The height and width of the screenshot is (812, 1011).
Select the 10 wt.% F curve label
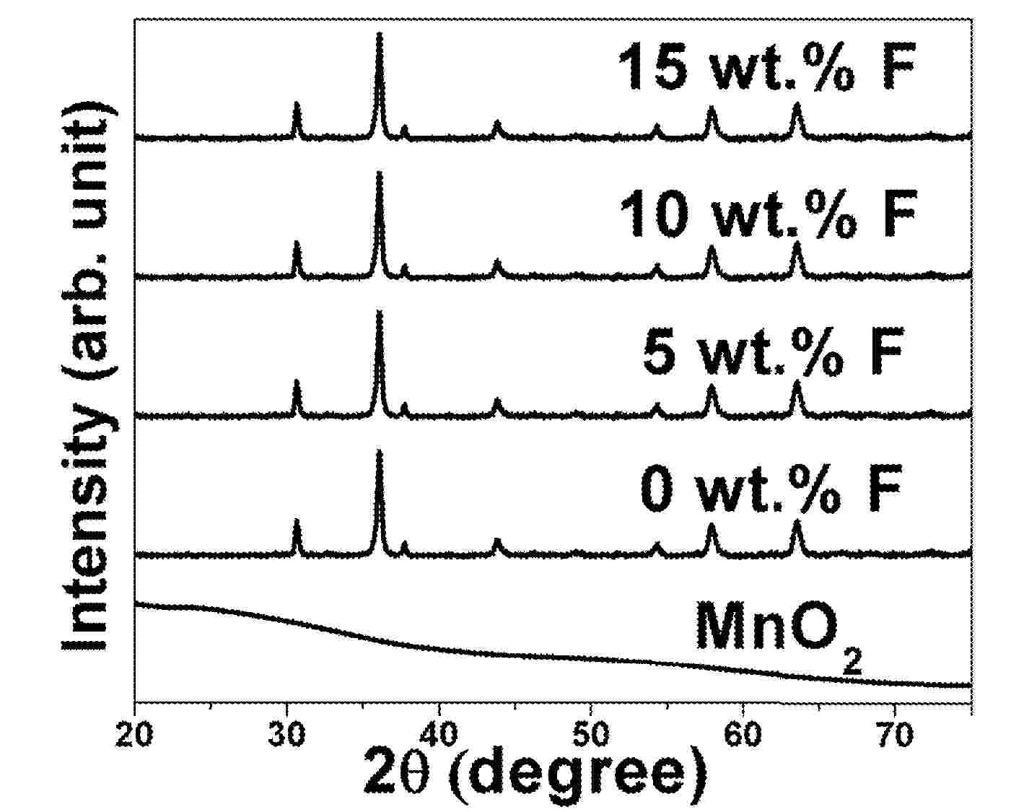coord(767,214)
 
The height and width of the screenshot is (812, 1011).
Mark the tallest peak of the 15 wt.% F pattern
coord(380,35)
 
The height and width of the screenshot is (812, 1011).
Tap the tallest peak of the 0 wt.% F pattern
coord(380,452)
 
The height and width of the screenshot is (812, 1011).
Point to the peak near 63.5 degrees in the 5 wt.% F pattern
coord(797,383)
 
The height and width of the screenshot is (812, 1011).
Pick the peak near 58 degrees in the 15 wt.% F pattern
coord(712,108)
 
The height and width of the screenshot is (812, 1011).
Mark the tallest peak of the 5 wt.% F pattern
coord(380,313)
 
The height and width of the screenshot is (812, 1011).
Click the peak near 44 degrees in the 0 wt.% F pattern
coord(496,541)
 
